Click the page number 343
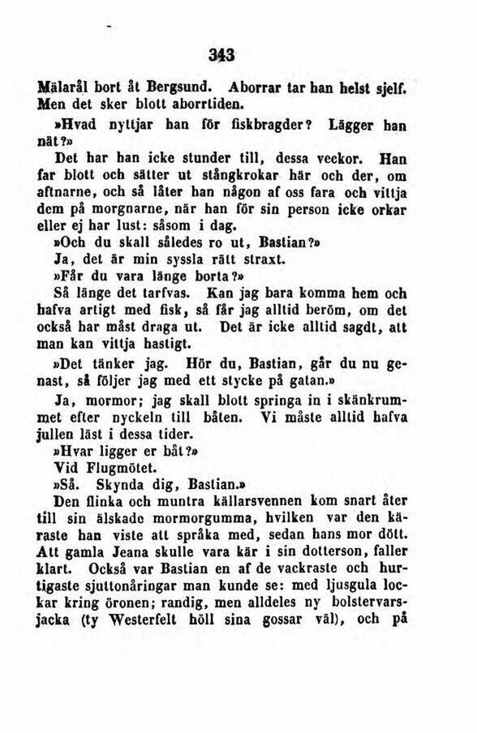click(x=220, y=56)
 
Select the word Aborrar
click(x=256, y=86)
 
